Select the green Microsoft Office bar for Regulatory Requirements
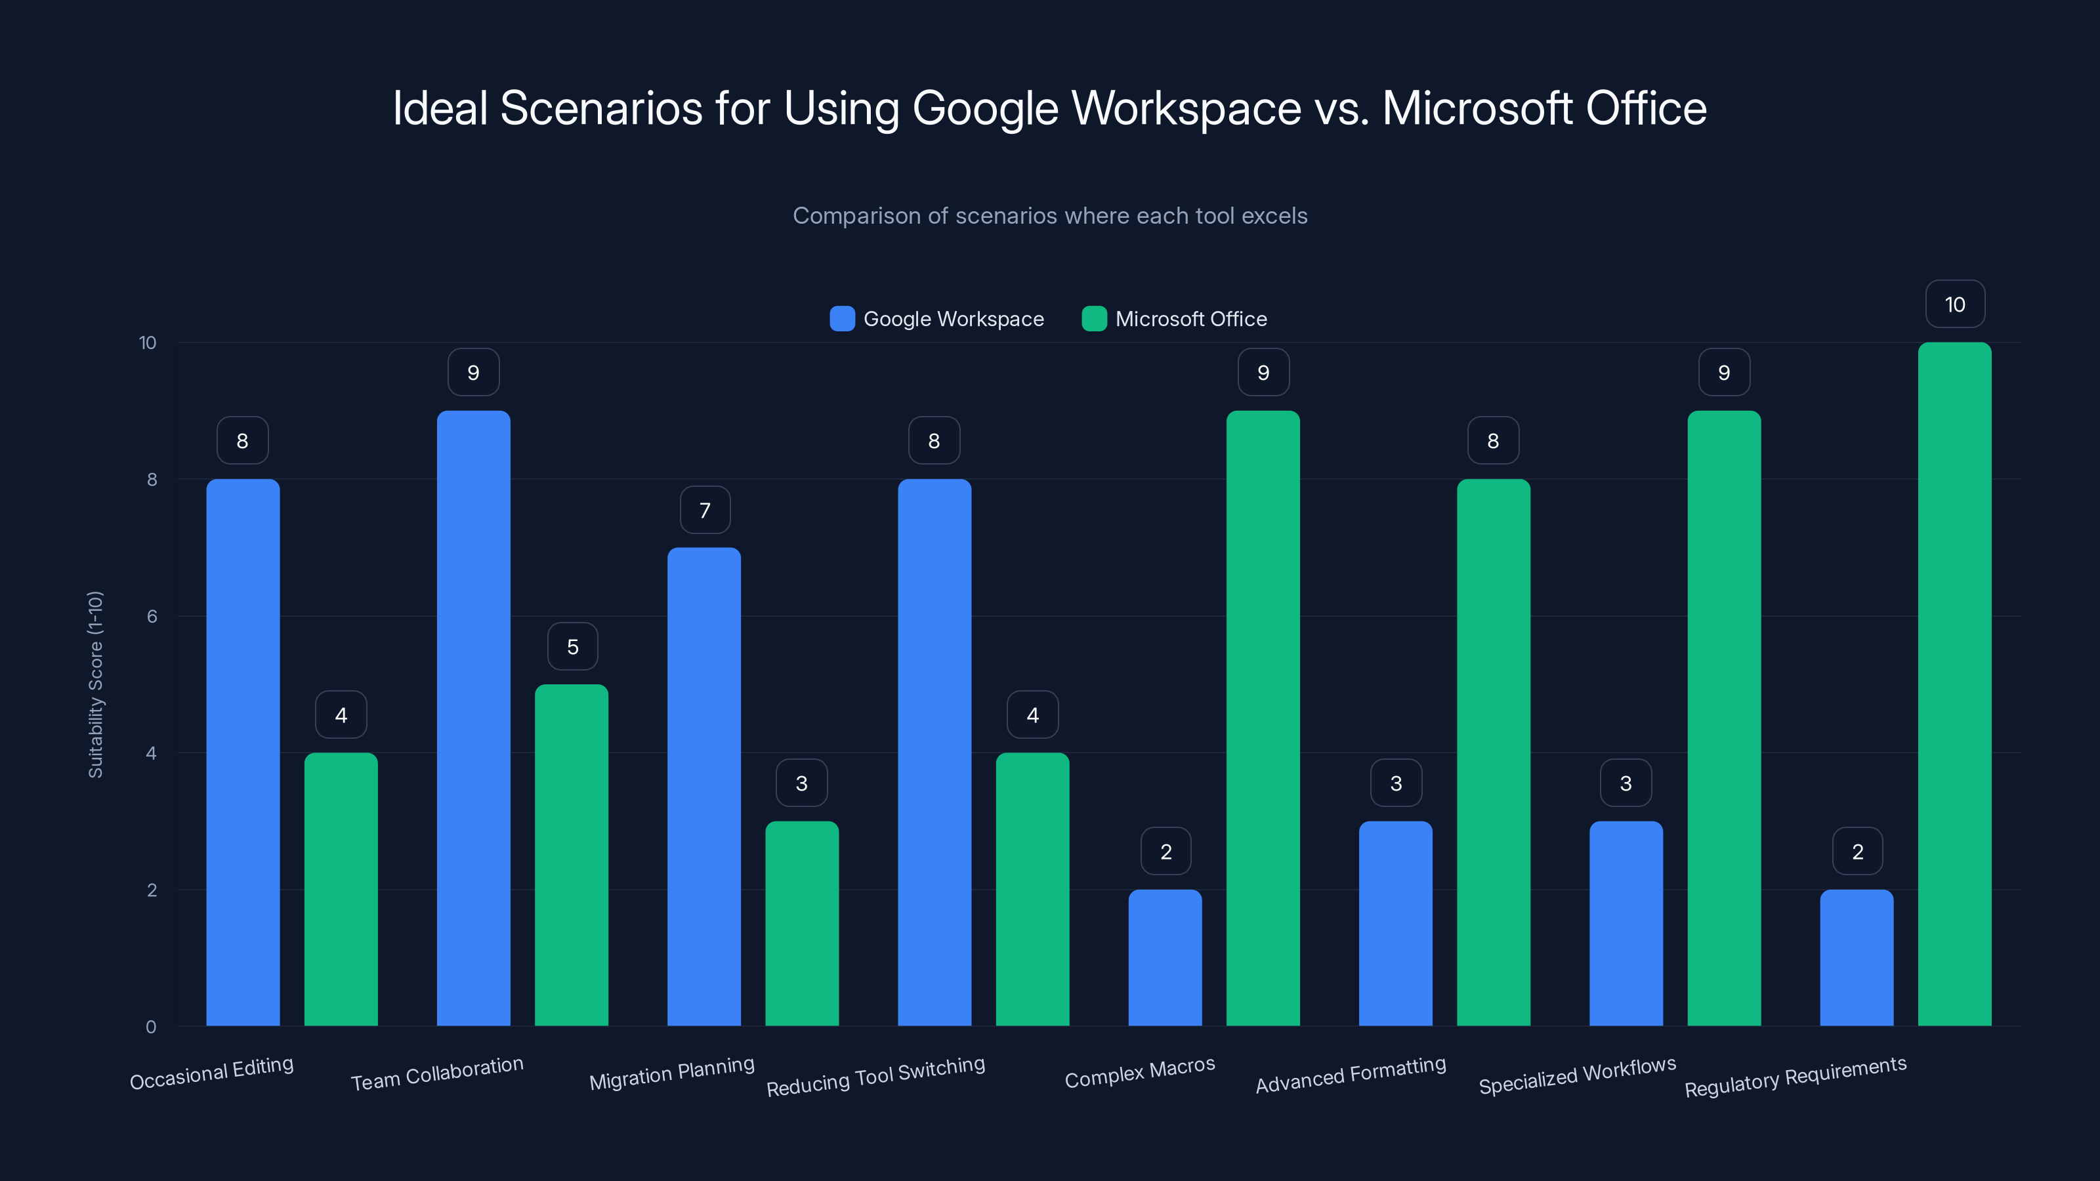pyautogui.click(x=1954, y=684)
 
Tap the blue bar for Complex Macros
pyautogui.click(x=1165, y=958)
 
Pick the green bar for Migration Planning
pyautogui.click(x=801, y=923)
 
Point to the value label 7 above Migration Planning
pyautogui.click(x=704, y=510)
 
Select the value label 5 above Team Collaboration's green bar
pyautogui.click(x=572, y=646)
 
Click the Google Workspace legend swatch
pyautogui.click(x=842, y=319)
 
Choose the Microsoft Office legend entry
pyautogui.click(x=1190, y=319)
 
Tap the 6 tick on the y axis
pyautogui.click(x=152, y=616)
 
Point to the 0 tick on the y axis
pyautogui.click(x=151, y=1027)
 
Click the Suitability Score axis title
pyautogui.click(x=95, y=684)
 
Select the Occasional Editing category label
pyautogui.click(x=212, y=1073)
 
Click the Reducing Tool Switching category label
pyautogui.click(x=875, y=1076)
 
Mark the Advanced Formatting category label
pyautogui.click(x=1350, y=1074)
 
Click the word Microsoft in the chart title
pyautogui.click(x=1477, y=108)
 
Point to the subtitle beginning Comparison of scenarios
pyautogui.click(x=1049, y=216)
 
